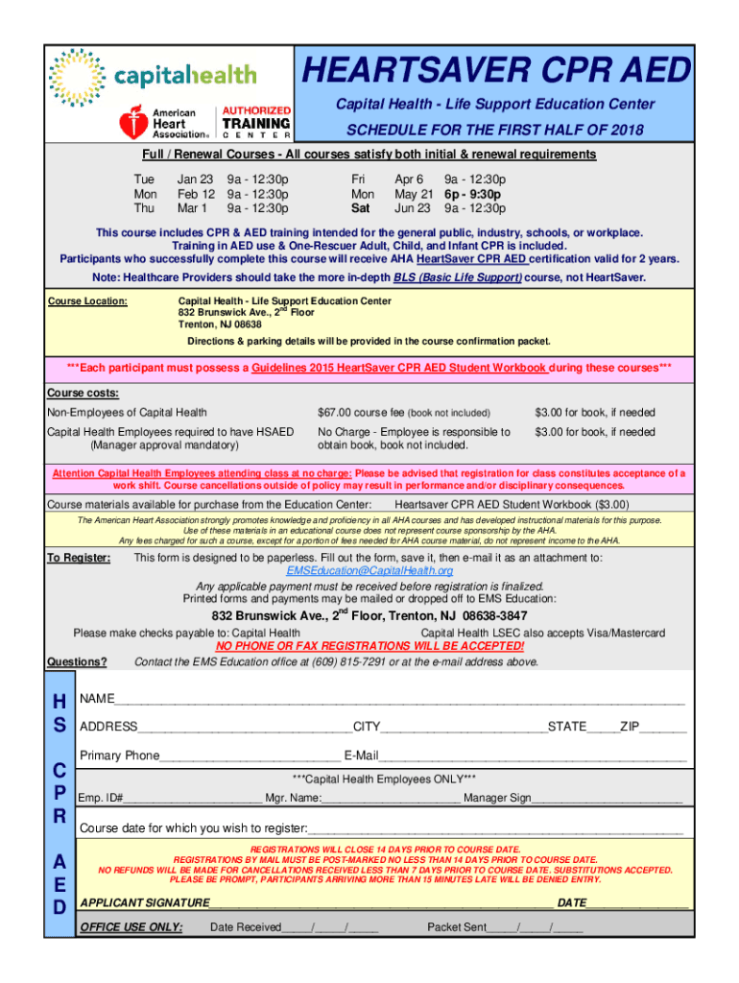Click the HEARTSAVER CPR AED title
tap(496, 71)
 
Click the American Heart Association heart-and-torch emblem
tap(132, 123)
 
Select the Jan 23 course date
tap(195, 179)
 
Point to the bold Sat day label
tap(361, 207)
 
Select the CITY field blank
tap(459, 728)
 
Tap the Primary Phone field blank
tap(250, 756)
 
